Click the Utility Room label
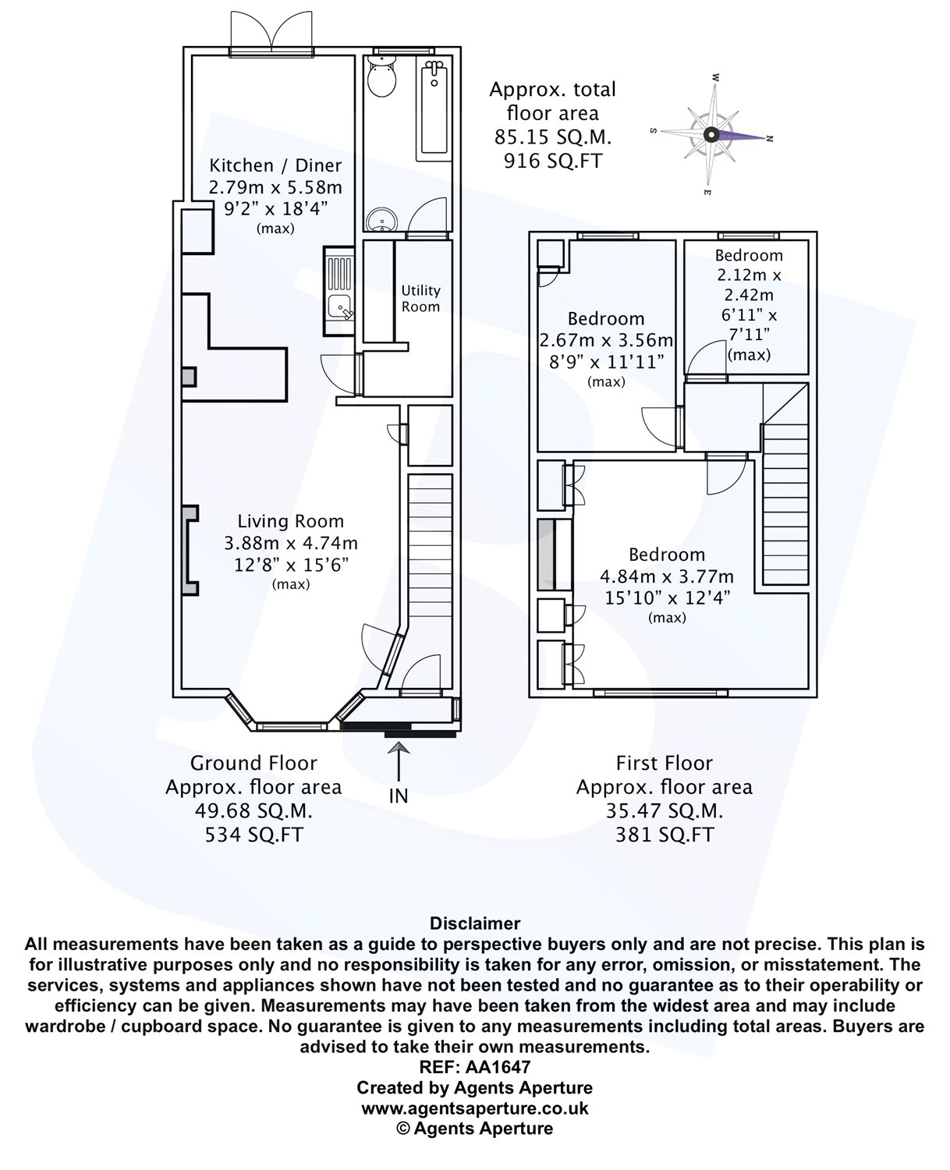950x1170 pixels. coord(420,299)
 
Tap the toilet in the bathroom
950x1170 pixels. coord(383,80)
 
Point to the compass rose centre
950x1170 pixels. coord(711,134)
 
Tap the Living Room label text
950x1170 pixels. coord(291,521)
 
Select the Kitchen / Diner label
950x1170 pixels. coord(275,165)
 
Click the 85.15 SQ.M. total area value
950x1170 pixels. coord(553,137)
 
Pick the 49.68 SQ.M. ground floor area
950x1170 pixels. coord(253,811)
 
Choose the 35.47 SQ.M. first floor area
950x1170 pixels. coord(665,811)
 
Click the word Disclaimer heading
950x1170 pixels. coord(475,924)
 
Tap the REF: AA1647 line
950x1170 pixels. coord(475,1066)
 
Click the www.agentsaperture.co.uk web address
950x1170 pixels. coord(475,1108)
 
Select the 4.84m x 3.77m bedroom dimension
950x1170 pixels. coord(667,576)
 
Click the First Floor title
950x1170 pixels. coord(665,763)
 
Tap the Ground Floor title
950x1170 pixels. coord(253,763)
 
